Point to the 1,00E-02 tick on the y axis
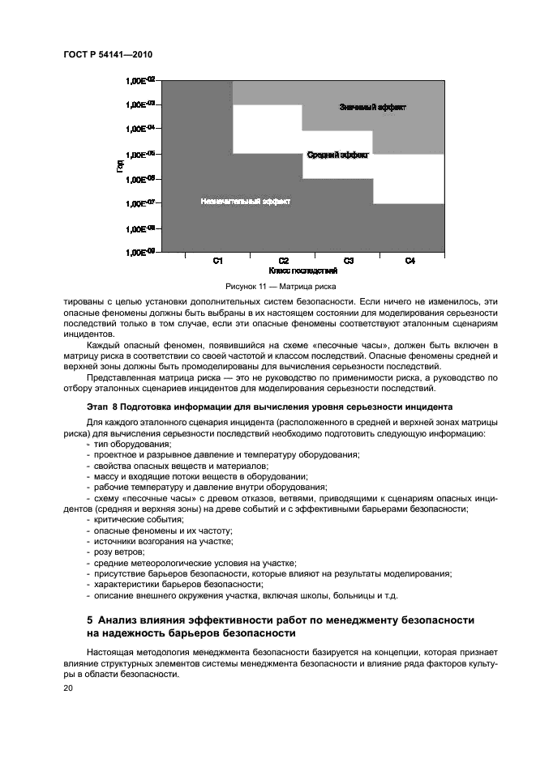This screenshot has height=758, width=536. click(x=140, y=80)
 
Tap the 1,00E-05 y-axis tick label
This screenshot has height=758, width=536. click(x=140, y=154)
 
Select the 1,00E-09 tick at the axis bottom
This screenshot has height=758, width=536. click(x=140, y=253)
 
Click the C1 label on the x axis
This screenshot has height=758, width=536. click(x=218, y=261)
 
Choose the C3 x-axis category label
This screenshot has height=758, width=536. click(x=348, y=261)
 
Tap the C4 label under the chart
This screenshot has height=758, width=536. click(x=410, y=261)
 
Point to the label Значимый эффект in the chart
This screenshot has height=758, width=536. click(x=373, y=107)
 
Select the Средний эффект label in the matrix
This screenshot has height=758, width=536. click(x=337, y=154)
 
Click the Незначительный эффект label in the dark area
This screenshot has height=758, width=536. click(x=246, y=200)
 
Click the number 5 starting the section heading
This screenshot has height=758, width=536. click(x=90, y=620)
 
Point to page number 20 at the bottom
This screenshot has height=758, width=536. click(x=68, y=688)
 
